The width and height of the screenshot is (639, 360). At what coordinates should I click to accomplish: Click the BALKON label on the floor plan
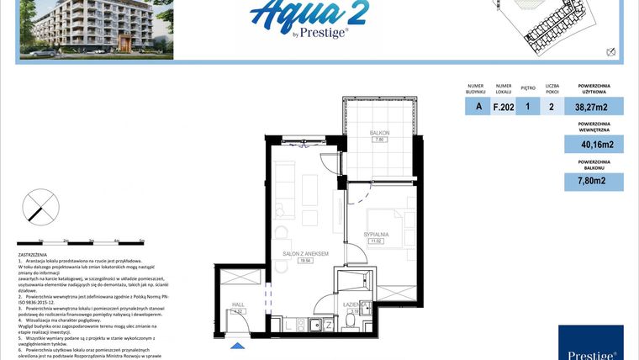point(378,134)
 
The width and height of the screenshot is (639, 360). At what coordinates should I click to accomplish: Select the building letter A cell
point(478,106)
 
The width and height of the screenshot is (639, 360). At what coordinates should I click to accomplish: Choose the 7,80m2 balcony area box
point(594,180)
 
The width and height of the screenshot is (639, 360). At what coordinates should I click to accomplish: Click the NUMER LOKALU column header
point(504,88)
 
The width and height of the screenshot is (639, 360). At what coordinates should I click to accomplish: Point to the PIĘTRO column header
point(528,86)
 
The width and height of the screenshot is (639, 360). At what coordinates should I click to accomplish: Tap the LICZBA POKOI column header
point(552,88)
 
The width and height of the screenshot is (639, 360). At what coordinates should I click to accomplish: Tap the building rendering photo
point(97,29)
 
